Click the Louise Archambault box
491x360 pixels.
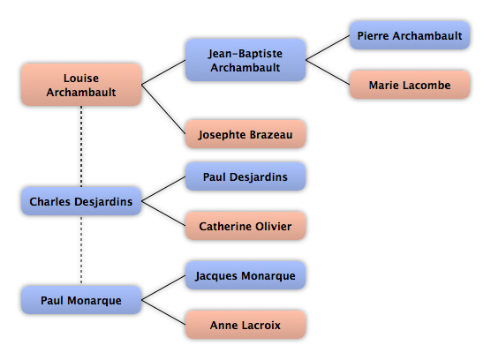[81, 85]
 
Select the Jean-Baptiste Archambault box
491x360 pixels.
[245, 60]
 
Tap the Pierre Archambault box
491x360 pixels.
[410, 35]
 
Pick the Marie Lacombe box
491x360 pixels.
[410, 85]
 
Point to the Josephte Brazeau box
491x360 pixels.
[245, 134]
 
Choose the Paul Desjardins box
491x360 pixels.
[245, 176]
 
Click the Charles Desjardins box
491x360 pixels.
[81, 201]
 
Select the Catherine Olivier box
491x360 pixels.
[245, 226]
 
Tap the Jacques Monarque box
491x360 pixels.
[245, 275]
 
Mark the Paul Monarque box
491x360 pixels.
[81, 300]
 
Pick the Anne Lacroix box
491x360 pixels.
[245, 325]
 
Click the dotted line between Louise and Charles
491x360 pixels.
[81, 146]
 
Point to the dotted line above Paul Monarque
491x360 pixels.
[81, 251]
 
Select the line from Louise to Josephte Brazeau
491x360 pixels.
[163, 109]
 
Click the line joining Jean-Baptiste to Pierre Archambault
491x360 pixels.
[328, 48]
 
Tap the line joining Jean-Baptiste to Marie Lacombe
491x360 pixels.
[328, 72]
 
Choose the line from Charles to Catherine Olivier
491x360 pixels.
[163, 214]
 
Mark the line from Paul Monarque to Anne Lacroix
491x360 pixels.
[163, 312]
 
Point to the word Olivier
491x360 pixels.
[274, 226]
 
